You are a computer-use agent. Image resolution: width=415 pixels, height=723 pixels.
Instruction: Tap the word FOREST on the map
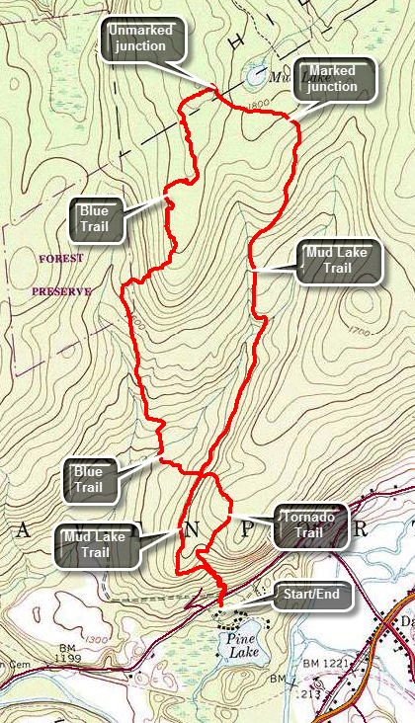coord(61,259)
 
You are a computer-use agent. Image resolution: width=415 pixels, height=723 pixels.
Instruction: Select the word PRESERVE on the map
coord(60,291)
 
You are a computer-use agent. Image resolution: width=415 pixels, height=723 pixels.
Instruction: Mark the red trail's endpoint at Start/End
coord(220,603)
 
